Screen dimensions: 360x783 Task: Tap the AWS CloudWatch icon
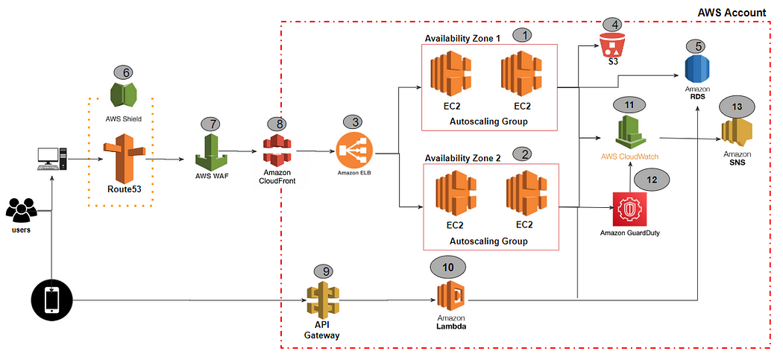click(629, 133)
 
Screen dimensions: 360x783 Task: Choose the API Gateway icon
click(321, 300)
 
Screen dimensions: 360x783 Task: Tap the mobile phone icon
click(51, 300)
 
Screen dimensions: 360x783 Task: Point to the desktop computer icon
click(52, 157)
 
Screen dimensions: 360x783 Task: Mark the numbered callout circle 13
click(737, 107)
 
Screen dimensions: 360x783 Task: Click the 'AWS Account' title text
click(731, 13)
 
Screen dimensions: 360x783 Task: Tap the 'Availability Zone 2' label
click(462, 158)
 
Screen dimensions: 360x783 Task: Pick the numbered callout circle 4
click(614, 25)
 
